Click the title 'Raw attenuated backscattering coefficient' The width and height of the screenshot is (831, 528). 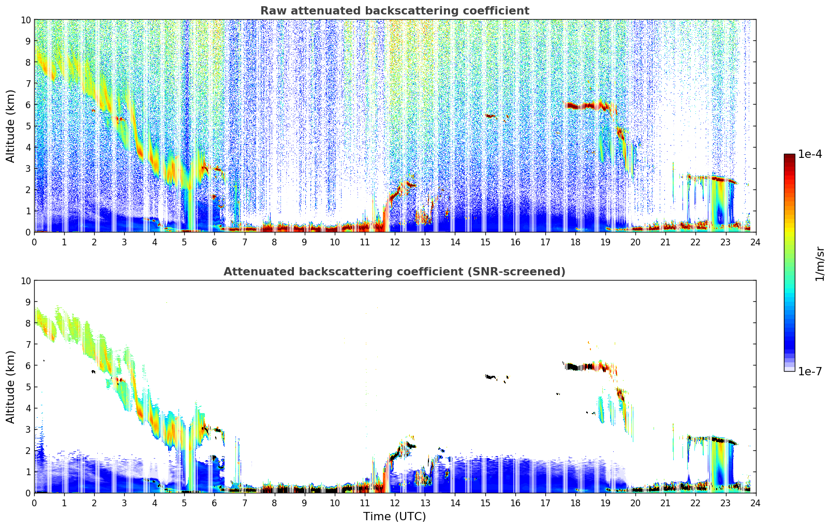coord(394,11)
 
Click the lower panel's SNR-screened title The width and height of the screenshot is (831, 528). coord(394,272)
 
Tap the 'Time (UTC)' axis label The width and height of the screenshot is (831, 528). coord(394,516)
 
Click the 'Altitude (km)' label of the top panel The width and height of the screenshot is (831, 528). coord(11,126)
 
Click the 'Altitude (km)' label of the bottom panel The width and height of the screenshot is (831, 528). coord(11,387)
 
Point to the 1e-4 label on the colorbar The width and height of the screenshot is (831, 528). coord(810,154)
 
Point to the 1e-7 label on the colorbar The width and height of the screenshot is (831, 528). coord(810,371)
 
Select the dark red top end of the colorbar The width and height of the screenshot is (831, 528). coord(789,157)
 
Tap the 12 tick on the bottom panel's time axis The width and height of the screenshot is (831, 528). coord(395,502)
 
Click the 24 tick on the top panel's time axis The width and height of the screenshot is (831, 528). coord(755,241)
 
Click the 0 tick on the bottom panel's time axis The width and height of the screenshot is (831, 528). coord(35,502)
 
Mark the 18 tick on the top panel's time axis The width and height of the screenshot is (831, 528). coord(575,241)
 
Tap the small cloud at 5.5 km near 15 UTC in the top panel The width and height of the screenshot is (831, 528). coord(491,115)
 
